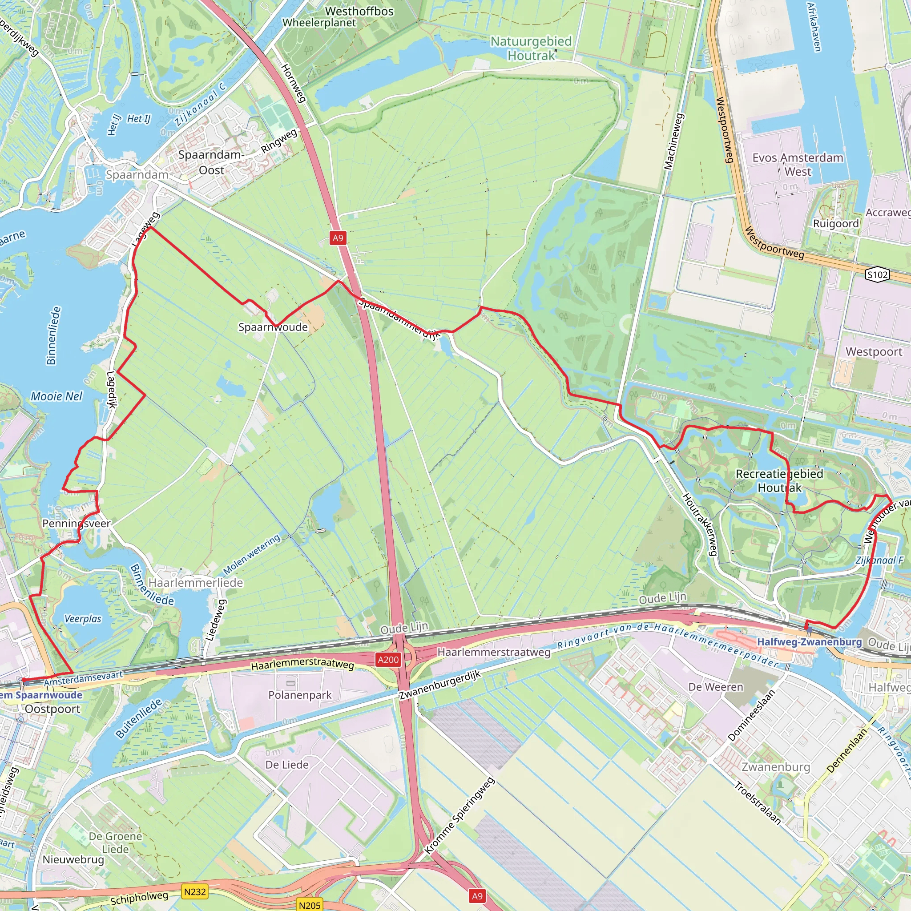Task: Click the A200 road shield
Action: tap(388, 660)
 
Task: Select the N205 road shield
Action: tap(309, 905)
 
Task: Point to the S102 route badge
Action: tap(878, 274)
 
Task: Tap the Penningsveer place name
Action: tap(77, 524)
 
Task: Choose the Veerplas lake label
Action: tap(83, 619)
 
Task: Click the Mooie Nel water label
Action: tap(56, 396)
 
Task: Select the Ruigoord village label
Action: tap(835, 223)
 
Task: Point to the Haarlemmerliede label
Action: tap(196, 583)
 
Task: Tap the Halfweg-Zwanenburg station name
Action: tap(809, 642)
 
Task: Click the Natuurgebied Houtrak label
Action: tap(531, 48)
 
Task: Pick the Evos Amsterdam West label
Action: tap(798, 165)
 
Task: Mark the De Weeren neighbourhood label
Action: tap(716, 687)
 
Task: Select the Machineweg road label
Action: tap(673, 141)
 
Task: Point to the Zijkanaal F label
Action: tap(879, 560)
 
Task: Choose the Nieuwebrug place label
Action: tap(73, 859)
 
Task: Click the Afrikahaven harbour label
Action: tap(814, 27)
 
